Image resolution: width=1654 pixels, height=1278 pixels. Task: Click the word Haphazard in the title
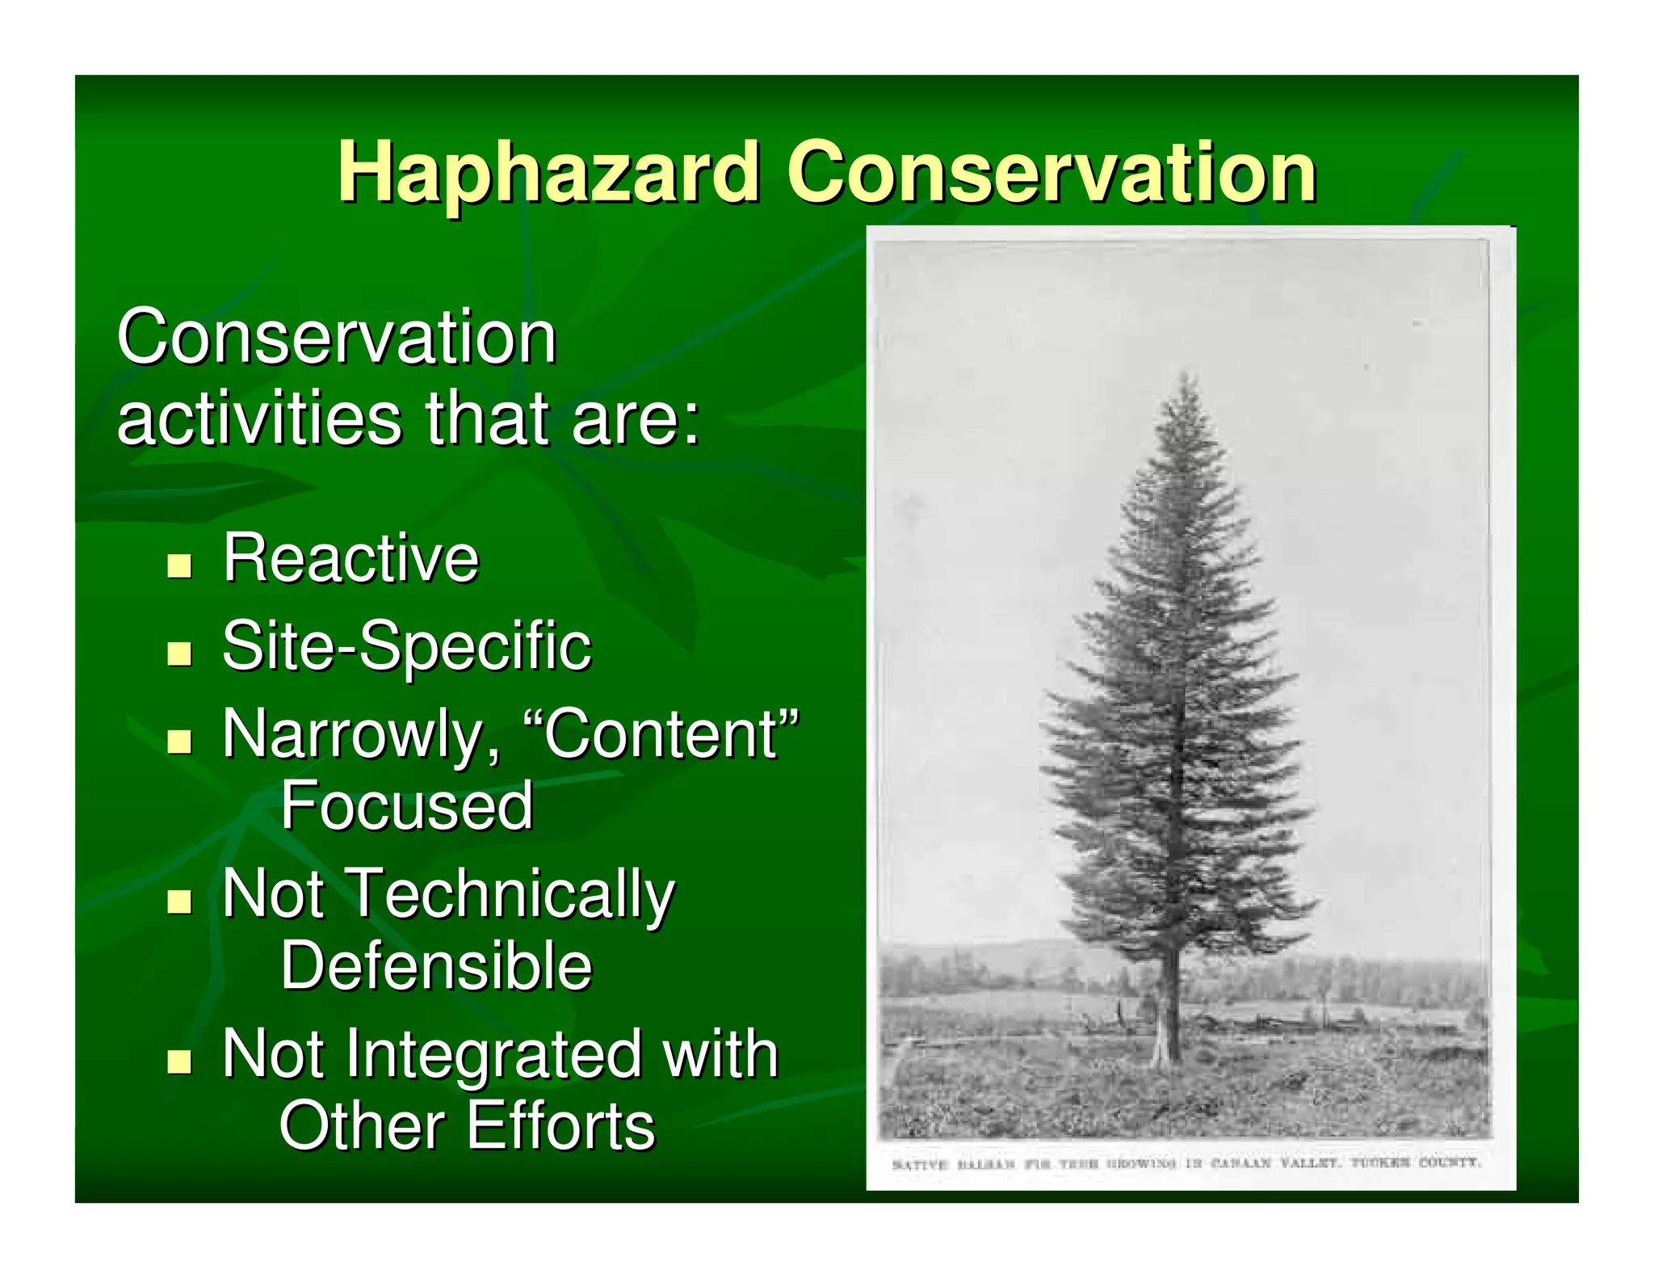548,171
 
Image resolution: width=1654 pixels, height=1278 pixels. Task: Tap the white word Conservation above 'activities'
337,337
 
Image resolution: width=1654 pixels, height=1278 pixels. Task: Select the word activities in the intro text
259,418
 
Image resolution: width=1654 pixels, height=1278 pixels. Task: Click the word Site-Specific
406,645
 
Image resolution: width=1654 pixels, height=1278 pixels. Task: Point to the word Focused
406,805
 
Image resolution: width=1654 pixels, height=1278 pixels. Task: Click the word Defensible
436,965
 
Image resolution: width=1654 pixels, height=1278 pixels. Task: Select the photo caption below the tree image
1186,1162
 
